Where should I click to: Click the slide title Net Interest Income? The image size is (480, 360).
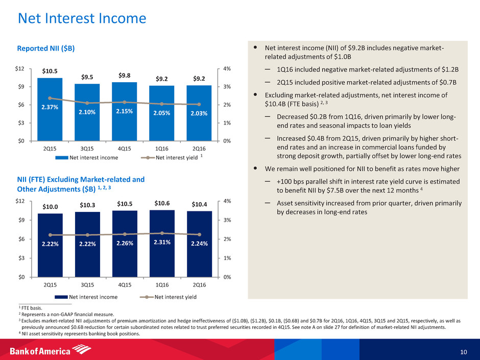coord(82,19)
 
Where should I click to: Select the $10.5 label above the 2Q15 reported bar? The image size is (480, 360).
coord(50,71)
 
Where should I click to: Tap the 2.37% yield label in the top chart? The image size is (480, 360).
coord(50,107)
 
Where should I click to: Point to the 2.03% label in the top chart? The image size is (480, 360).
coord(199,113)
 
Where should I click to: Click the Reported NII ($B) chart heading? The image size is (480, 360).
coord(46,49)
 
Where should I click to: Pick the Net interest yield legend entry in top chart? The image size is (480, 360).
coord(176,157)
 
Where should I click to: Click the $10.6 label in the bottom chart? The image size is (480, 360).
coord(162,203)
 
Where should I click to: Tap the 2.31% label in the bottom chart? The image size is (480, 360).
coord(162,243)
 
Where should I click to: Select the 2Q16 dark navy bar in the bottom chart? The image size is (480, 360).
coord(199,245)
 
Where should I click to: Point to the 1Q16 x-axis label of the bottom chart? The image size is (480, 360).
coord(162,284)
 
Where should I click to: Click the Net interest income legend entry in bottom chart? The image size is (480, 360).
coord(89,297)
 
